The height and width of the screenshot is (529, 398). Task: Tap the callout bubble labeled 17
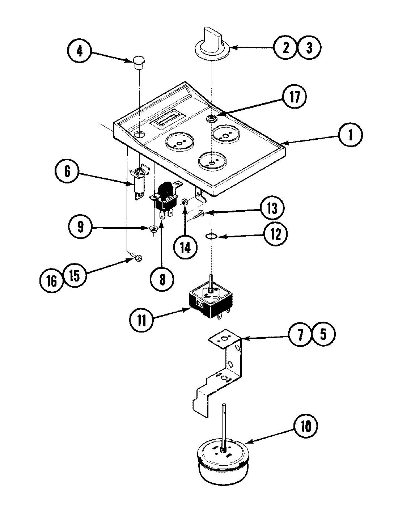pos(295,97)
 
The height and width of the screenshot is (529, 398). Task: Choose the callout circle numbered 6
pos(67,172)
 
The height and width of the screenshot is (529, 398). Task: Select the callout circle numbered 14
pos(185,248)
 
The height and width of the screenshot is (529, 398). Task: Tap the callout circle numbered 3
pos(309,48)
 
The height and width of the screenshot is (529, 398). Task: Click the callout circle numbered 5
pos(323,334)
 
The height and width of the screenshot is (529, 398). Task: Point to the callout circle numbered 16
pos(52,280)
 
